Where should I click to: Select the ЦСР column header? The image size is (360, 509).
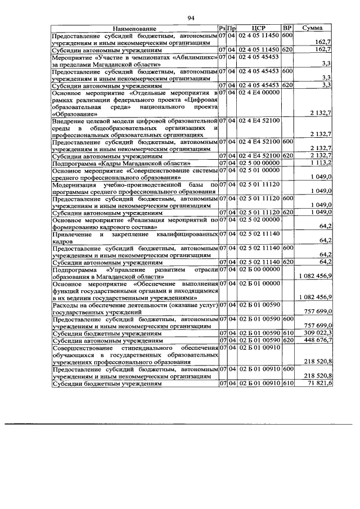coord(259,28)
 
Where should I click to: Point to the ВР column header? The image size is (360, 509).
coord(287,28)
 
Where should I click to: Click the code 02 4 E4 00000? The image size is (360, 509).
coord(259,92)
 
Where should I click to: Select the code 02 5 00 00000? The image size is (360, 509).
coord(259,163)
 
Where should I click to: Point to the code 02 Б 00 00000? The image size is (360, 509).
coord(259,269)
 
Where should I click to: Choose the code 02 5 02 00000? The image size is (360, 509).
coord(259,220)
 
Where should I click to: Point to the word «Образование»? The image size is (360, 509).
coord(76,113)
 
